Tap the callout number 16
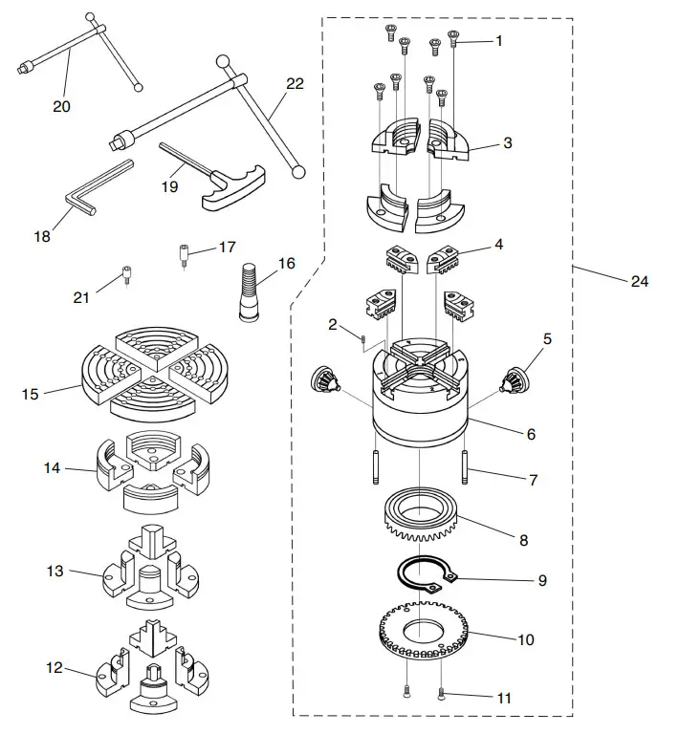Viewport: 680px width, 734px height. pyautogui.click(x=286, y=264)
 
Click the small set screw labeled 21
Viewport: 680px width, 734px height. pyautogui.click(x=125, y=280)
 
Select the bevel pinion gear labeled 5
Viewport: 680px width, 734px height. pyautogui.click(x=515, y=379)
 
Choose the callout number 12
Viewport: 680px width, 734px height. pyautogui.click(x=54, y=667)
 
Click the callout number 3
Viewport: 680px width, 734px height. pyautogui.click(x=507, y=143)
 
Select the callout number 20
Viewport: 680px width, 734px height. pyautogui.click(x=61, y=106)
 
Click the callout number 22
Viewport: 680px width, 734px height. pyautogui.click(x=294, y=84)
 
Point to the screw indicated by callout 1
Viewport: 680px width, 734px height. pyautogui.click(x=454, y=39)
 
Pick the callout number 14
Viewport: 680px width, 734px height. pyautogui.click(x=52, y=468)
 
